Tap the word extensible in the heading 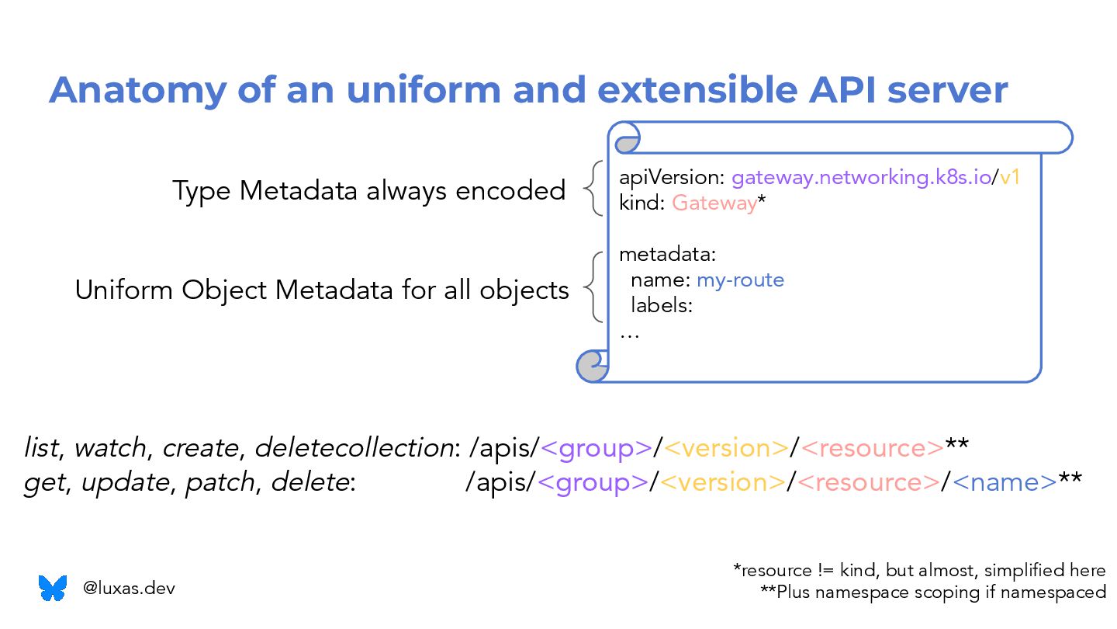pyautogui.click(x=683, y=90)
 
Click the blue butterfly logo pyautogui.click(x=53, y=588)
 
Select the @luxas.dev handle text pyautogui.click(x=129, y=589)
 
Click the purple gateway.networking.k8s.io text pyautogui.click(x=861, y=178)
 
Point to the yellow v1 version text pyautogui.click(x=1009, y=178)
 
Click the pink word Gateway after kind pyautogui.click(x=714, y=203)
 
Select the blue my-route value pyautogui.click(x=740, y=280)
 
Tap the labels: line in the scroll pyautogui.click(x=661, y=305)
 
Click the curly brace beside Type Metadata pyautogui.click(x=593, y=189)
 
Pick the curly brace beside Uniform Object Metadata pyautogui.click(x=593, y=287)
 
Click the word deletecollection pyautogui.click(x=354, y=448)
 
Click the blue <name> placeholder pyautogui.click(x=1005, y=482)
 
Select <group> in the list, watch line pyautogui.click(x=597, y=448)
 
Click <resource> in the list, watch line pyautogui.click(x=872, y=448)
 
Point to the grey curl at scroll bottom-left pyautogui.click(x=593, y=365)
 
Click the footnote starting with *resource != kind pyautogui.click(x=919, y=571)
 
